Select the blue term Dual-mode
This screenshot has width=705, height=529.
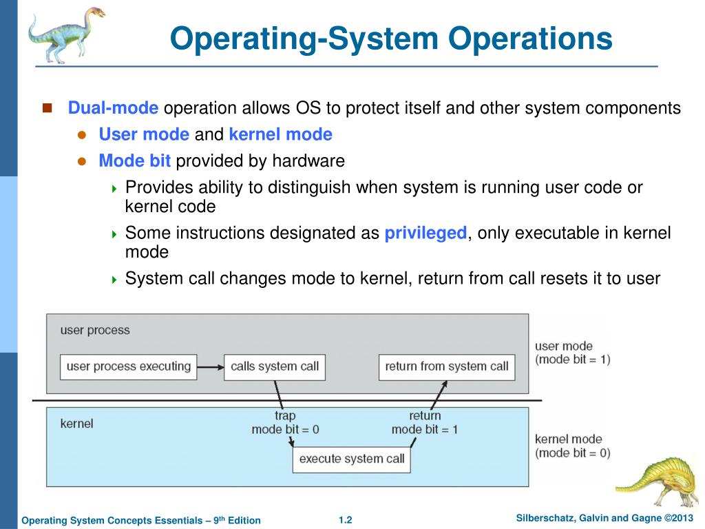[113, 109]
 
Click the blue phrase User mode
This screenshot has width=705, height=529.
[144, 134]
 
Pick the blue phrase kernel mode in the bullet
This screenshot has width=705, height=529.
[280, 134]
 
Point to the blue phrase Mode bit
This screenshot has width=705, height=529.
[135, 161]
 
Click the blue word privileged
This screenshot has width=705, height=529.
[425, 233]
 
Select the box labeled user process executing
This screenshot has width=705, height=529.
[129, 366]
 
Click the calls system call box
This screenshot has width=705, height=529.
[275, 366]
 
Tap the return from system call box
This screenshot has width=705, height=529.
[446, 366]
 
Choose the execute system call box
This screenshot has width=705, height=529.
[351, 459]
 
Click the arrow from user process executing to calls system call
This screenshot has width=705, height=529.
[211, 366]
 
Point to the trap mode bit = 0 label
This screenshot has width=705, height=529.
[285, 422]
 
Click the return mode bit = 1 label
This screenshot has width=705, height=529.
[425, 422]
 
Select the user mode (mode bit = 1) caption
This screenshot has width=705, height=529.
[572, 353]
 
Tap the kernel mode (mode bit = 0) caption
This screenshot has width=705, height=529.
[572, 446]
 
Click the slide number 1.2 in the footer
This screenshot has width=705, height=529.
[345, 520]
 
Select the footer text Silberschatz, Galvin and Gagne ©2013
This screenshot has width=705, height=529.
[604, 518]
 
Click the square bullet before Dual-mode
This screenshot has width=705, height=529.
[48, 108]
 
